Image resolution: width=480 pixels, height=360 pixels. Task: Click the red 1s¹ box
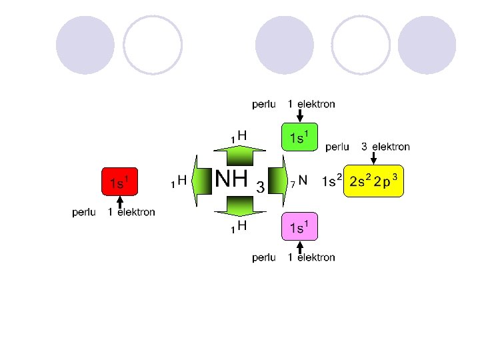pyautogui.click(x=120, y=181)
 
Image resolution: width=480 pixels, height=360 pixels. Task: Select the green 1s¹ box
pyautogui.click(x=299, y=137)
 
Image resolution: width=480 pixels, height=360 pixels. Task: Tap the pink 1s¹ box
pyautogui.click(x=299, y=227)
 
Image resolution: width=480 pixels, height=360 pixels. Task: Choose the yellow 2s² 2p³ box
pyautogui.click(x=373, y=181)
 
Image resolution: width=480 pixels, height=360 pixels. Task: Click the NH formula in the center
pyautogui.click(x=231, y=179)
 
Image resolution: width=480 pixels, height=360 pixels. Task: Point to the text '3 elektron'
pyautogui.click(x=385, y=147)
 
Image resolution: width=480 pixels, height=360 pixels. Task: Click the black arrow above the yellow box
pyautogui.click(x=374, y=157)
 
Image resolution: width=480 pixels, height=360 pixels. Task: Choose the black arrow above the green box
pyautogui.click(x=299, y=115)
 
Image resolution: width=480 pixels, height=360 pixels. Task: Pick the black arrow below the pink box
pyautogui.click(x=299, y=247)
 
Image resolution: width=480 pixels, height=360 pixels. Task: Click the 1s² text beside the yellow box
pyautogui.click(x=331, y=181)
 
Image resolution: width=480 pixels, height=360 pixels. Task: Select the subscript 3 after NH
pyautogui.click(x=261, y=187)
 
